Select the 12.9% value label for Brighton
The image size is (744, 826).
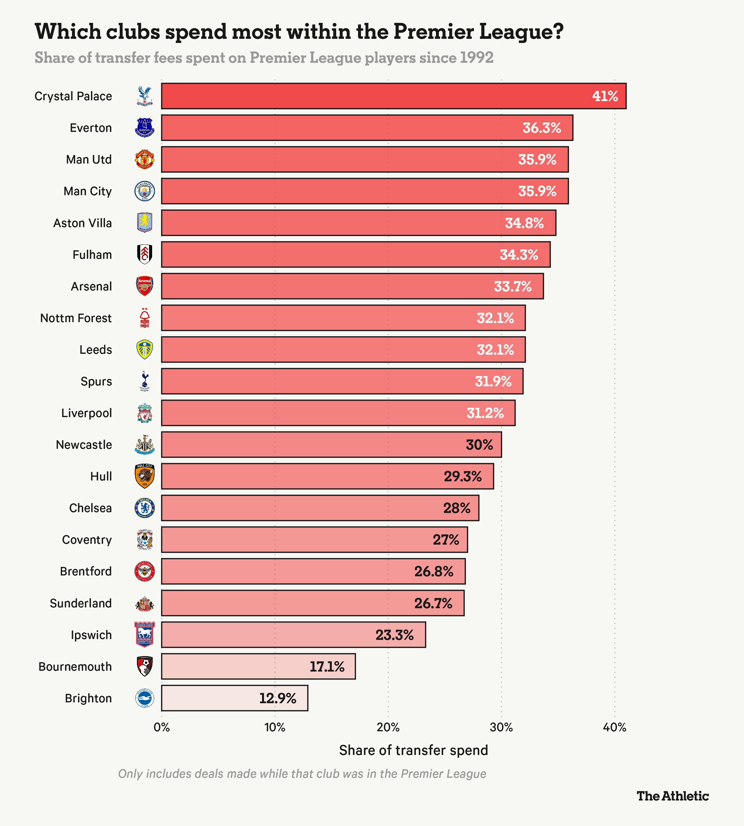tap(277, 698)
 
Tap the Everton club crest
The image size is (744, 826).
tap(145, 127)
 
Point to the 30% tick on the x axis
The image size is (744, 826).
tap(501, 727)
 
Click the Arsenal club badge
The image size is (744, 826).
tap(145, 286)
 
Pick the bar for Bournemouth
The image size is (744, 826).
tap(258, 666)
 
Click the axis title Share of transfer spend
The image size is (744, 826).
tap(413, 751)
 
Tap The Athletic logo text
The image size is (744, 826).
tap(672, 796)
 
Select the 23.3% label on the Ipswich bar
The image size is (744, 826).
tap(395, 635)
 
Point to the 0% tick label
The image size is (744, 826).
tap(161, 727)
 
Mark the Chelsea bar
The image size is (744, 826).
tap(320, 508)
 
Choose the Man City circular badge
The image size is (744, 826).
tap(145, 191)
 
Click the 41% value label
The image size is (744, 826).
tap(605, 96)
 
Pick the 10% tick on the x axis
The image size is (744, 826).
tap(275, 727)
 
